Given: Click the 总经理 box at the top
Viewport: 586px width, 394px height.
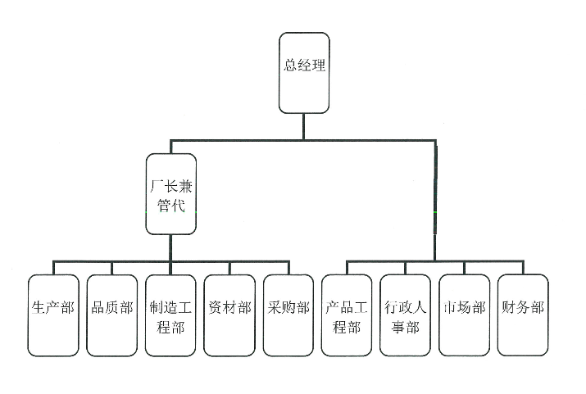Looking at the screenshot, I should point(304,72).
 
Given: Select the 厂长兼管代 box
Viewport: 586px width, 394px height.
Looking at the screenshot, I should point(171,193).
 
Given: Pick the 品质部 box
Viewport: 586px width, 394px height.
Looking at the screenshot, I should point(112,315).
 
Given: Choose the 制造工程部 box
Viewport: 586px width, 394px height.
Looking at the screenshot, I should point(171,315).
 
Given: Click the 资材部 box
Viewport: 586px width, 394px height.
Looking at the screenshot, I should point(229,315).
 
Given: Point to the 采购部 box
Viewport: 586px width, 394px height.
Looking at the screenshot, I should point(288,315).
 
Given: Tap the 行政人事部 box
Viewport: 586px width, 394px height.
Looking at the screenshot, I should point(406,315).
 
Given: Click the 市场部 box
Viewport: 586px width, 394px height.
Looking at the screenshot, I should point(464,315).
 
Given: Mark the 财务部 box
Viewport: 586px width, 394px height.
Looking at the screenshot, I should point(523,315).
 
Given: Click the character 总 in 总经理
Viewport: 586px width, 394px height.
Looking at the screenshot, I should point(290,66).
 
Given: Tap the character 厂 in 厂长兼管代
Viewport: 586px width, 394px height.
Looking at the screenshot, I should point(155,186).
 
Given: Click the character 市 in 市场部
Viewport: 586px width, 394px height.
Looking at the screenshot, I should point(450,308).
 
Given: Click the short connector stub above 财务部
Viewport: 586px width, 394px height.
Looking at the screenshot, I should point(523,268).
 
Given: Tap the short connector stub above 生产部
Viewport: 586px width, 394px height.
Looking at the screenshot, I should point(54,268).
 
